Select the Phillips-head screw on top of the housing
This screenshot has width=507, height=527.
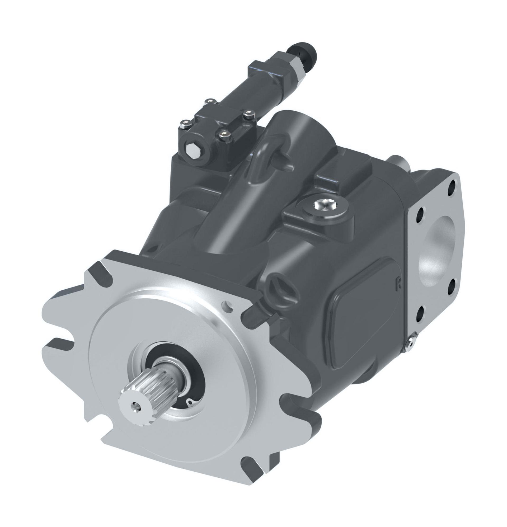(325, 205)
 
